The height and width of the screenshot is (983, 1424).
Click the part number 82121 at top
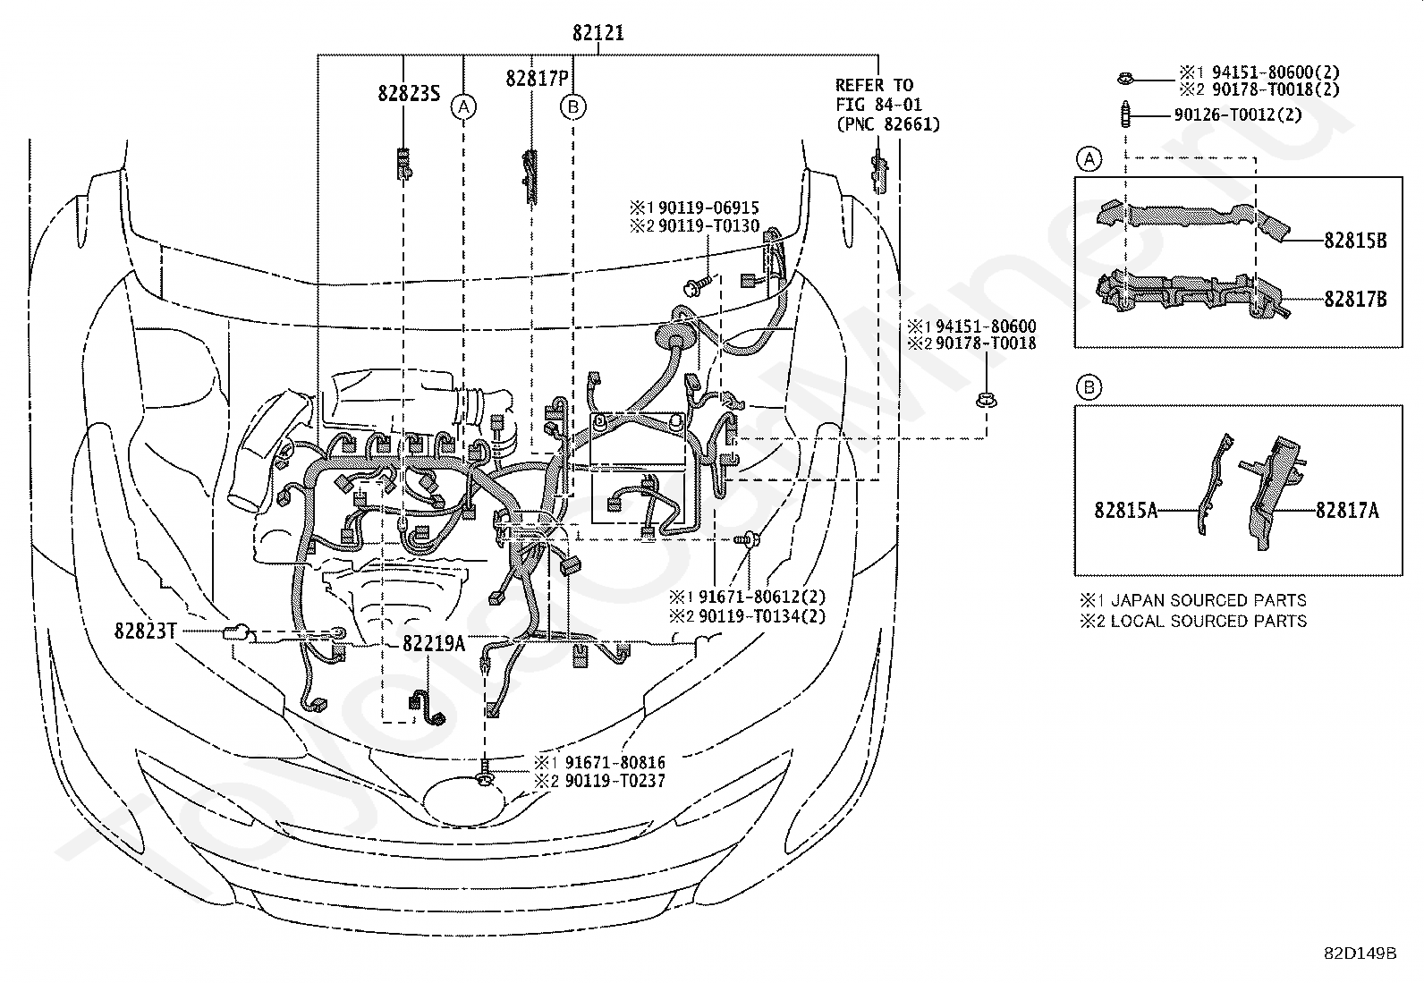[x=598, y=32]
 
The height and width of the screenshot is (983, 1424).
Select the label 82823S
[x=409, y=93]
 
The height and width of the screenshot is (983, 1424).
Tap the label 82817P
[x=538, y=78]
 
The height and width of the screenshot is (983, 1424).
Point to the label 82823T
[x=145, y=631]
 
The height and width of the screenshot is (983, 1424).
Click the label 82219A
[x=434, y=643]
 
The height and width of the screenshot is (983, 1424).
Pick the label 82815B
[x=1355, y=241]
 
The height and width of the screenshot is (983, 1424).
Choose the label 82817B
[x=1355, y=299]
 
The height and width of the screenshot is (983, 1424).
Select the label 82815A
[x=1125, y=510]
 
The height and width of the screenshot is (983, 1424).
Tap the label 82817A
[x=1347, y=510]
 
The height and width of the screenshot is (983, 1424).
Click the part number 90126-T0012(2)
[x=1238, y=115]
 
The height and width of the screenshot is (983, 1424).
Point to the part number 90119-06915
[x=708, y=208]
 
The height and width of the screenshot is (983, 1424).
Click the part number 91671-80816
[x=615, y=762]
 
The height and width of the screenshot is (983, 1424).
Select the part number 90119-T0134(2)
[x=761, y=616]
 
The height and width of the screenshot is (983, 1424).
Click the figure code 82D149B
[x=1360, y=953]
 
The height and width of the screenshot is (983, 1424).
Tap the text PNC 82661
[x=888, y=124]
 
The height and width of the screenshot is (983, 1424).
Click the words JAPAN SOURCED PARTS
[x=1208, y=600]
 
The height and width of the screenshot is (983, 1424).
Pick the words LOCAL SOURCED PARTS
[x=1208, y=622]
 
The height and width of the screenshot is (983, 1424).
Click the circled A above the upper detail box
[x=1089, y=159]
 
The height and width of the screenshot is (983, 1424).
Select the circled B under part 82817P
[x=572, y=106]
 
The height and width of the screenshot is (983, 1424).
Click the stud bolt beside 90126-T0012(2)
[x=1125, y=114]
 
